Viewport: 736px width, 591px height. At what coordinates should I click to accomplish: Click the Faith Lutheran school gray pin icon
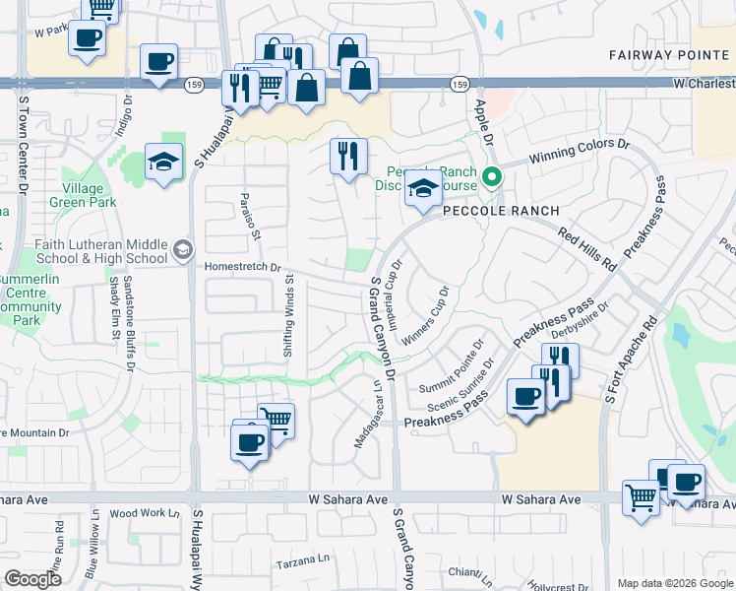[182, 251]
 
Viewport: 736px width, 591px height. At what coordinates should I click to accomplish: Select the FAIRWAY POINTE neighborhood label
[666, 54]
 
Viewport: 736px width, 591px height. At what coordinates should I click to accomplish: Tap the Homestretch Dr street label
[243, 267]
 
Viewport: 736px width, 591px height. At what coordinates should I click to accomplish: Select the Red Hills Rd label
[586, 250]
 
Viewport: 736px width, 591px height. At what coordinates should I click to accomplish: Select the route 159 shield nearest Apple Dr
[460, 86]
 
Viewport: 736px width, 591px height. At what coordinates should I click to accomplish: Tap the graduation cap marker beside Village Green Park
[164, 161]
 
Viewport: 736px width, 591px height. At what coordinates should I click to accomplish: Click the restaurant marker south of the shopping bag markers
[348, 156]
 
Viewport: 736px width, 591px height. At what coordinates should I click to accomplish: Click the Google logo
[32, 579]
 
